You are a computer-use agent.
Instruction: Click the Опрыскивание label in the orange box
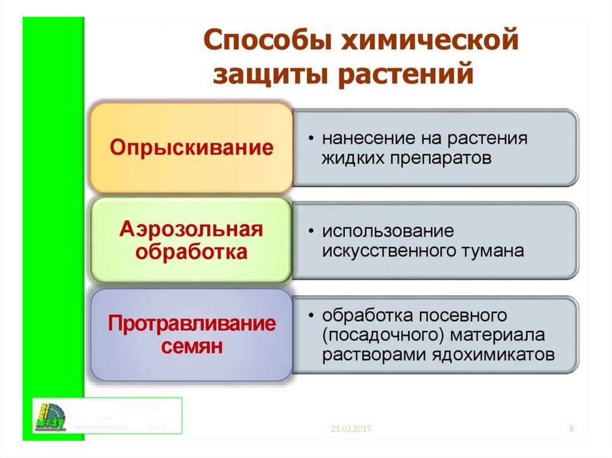click(x=191, y=147)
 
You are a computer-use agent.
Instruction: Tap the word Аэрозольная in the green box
click(x=191, y=229)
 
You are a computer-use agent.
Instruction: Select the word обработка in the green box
click(x=191, y=252)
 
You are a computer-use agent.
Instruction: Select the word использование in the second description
click(x=388, y=230)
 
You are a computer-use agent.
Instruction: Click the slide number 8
click(x=571, y=429)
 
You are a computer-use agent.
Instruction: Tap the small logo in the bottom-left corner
click(x=51, y=415)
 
